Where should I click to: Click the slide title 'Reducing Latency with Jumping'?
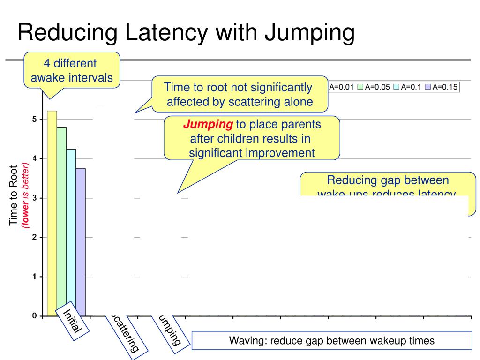pos(186,33)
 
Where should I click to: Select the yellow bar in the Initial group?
pos(52,213)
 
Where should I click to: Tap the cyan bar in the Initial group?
pos(71,232)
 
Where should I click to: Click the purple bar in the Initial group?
pos(80,242)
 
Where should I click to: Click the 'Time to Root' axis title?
pos(14,195)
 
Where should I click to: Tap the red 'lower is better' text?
pos(24,195)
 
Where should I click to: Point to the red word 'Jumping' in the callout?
pos(208,125)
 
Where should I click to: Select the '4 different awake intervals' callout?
pos(72,70)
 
